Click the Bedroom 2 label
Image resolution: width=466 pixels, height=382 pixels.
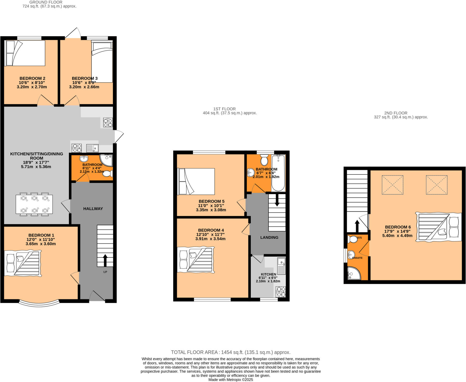(x=32, y=78)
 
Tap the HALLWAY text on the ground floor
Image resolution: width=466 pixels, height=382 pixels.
(x=93, y=209)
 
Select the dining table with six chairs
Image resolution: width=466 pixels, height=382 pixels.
(x=34, y=204)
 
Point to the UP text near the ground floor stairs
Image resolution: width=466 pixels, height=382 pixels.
(x=105, y=272)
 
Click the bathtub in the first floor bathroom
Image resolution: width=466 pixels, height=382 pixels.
(x=278, y=173)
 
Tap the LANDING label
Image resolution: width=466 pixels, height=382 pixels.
(x=269, y=237)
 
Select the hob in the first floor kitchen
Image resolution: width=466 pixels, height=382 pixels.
(x=280, y=292)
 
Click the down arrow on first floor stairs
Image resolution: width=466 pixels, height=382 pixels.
(x=277, y=200)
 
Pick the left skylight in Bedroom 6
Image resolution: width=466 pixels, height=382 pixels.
(x=392, y=185)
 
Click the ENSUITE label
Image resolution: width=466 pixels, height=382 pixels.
(x=357, y=258)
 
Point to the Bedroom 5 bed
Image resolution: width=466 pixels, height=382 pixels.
(x=196, y=181)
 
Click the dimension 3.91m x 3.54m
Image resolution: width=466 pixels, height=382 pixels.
(x=210, y=239)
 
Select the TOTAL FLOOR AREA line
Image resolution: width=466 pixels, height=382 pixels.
(x=230, y=352)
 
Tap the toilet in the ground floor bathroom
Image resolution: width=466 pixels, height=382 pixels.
(x=108, y=173)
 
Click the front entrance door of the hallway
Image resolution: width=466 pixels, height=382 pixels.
(x=97, y=296)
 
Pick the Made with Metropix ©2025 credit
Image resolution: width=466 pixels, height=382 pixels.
(x=231, y=380)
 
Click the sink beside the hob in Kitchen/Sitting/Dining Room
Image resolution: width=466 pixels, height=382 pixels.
(x=92, y=148)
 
